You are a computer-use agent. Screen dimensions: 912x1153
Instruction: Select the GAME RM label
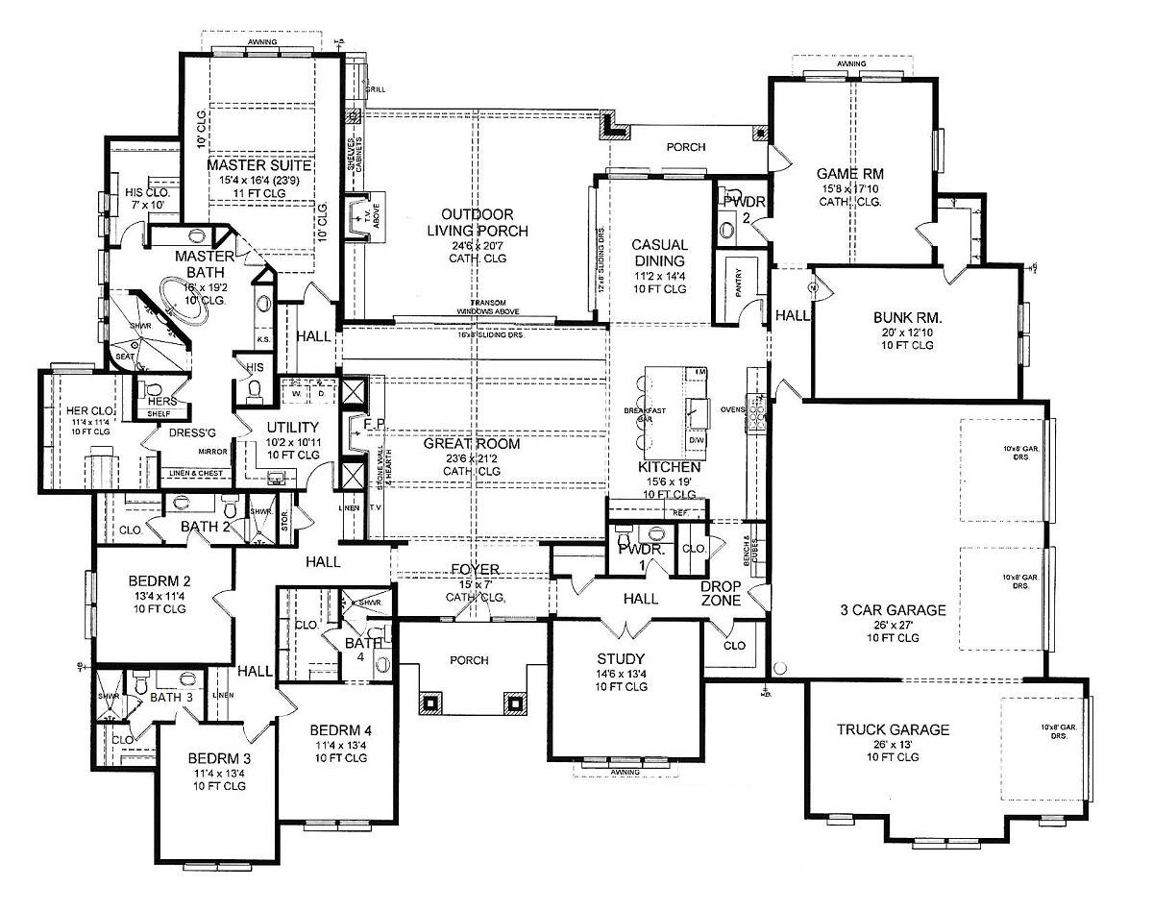point(849,173)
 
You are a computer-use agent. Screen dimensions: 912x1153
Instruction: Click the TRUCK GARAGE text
point(894,729)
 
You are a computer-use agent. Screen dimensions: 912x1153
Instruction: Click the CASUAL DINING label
point(658,253)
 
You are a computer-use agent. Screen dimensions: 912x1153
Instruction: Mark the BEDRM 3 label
point(218,757)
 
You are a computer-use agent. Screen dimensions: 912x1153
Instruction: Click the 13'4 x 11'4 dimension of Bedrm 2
point(160,596)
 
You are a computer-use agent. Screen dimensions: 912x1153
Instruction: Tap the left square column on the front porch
point(429,702)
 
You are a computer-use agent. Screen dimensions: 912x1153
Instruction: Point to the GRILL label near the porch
point(376,89)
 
